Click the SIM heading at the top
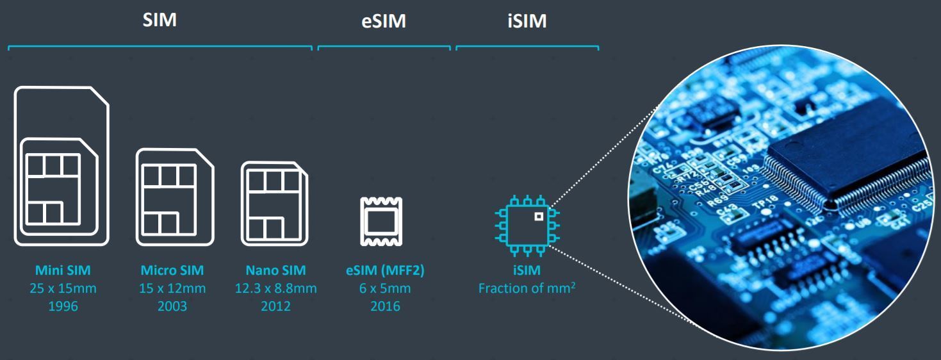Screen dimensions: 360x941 pyautogui.click(x=159, y=20)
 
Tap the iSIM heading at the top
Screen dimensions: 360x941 pyautogui.click(x=527, y=22)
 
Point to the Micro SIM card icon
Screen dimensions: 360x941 pyautogui.click(x=174, y=197)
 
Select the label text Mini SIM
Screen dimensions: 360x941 pyautogui.click(x=63, y=272)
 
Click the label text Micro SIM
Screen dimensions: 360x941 pyautogui.click(x=173, y=272)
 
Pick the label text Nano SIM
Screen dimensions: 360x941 pyautogui.click(x=275, y=272)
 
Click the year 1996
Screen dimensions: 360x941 pyautogui.click(x=63, y=306)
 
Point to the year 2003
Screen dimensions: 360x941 pyautogui.click(x=173, y=306)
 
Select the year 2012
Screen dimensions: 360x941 pyautogui.click(x=275, y=306)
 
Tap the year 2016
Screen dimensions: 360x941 pyautogui.click(x=384, y=306)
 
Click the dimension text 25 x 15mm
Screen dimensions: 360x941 pyautogui.click(x=63, y=289)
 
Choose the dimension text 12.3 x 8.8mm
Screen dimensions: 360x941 pyautogui.click(x=275, y=289)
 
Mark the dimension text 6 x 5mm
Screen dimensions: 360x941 pyautogui.click(x=384, y=289)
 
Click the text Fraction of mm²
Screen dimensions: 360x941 pyautogui.click(x=527, y=289)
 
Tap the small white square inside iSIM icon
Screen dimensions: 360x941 pyautogui.click(x=539, y=216)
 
